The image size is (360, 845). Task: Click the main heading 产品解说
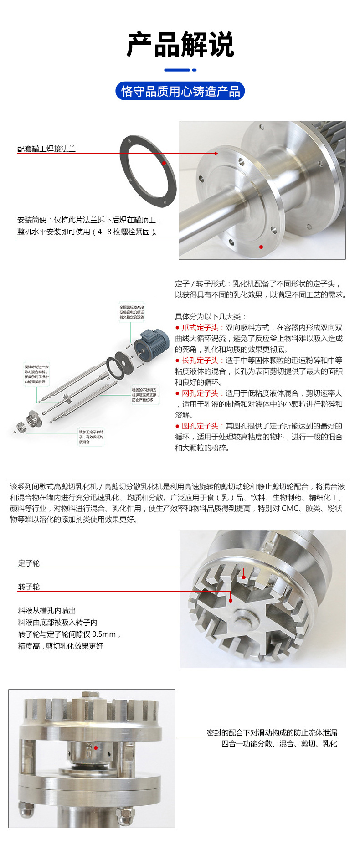click(180, 45)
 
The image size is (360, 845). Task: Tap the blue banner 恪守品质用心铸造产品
click(180, 91)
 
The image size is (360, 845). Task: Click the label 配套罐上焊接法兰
click(46, 149)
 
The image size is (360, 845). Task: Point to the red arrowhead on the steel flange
click(216, 153)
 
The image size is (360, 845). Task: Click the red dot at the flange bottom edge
click(261, 247)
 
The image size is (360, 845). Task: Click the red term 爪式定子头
click(200, 327)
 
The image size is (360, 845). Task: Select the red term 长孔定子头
click(200, 360)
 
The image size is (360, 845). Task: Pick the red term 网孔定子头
click(200, 393)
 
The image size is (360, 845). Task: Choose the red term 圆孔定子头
click(200, 426)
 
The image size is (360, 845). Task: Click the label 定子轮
click(29, 563)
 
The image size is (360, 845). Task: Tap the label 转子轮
click(29, 587)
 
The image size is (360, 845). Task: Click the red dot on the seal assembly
click(96, 747)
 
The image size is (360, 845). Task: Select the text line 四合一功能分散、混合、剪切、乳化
click(279, 743)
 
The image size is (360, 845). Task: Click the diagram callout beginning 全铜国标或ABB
click(132, 312)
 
